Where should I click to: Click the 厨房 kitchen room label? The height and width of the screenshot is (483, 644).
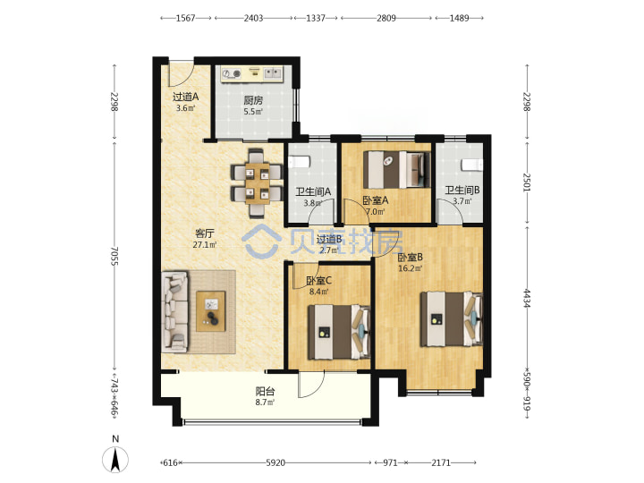253,100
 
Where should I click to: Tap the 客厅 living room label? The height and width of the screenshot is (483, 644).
205,233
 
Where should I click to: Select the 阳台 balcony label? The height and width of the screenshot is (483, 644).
265,392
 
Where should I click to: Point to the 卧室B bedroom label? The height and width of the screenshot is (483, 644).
410,258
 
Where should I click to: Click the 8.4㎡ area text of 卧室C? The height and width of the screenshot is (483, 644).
318,292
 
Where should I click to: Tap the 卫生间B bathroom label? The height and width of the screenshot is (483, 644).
462,191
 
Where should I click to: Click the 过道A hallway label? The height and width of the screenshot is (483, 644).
185,97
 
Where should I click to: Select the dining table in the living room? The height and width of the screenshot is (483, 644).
257,182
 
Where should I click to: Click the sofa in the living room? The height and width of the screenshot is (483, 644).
175,312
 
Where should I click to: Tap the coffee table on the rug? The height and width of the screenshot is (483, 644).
211,311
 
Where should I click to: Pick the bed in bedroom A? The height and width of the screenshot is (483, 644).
397,170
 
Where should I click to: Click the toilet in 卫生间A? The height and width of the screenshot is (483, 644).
299,162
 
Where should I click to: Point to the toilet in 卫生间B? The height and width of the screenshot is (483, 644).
472,165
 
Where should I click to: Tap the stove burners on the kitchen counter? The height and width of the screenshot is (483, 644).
232,74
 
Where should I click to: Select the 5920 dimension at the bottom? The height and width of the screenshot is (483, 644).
275,463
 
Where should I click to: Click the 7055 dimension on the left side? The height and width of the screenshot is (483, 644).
114,256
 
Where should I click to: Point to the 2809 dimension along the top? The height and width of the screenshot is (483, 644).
386,18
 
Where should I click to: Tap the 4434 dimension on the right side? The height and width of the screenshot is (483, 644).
527,299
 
